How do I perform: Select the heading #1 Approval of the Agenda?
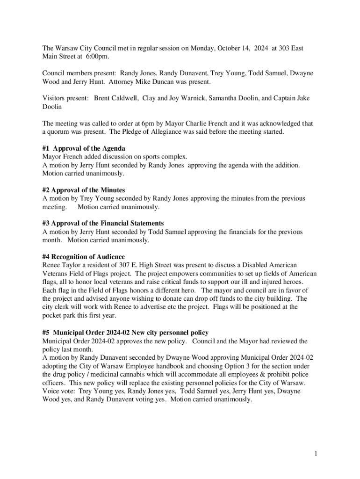pos(80,148)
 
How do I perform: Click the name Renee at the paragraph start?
pos(51,265)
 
